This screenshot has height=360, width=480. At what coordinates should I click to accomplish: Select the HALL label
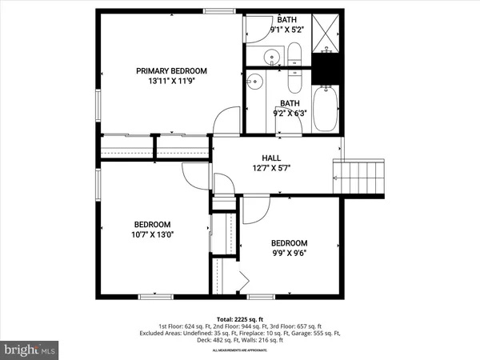point(271,158)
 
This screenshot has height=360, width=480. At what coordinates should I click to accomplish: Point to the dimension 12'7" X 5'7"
point(271,168)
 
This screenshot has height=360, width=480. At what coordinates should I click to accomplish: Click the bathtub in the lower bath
point(326,109)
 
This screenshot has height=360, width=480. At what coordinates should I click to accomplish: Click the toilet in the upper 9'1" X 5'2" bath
point(294,56)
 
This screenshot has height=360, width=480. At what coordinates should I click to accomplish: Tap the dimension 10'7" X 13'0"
point(150,235)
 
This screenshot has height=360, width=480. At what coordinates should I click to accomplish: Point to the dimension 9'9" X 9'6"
point(288,254)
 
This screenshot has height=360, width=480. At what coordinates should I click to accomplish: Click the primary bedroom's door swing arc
point(227,121)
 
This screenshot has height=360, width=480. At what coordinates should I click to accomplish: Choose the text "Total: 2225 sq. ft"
point(240,318)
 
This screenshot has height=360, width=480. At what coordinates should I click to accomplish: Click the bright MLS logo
point(30,350)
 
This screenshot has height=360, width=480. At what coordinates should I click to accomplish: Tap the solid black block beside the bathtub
point(327,70)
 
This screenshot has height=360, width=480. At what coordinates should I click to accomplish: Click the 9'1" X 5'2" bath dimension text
point(290,30)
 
